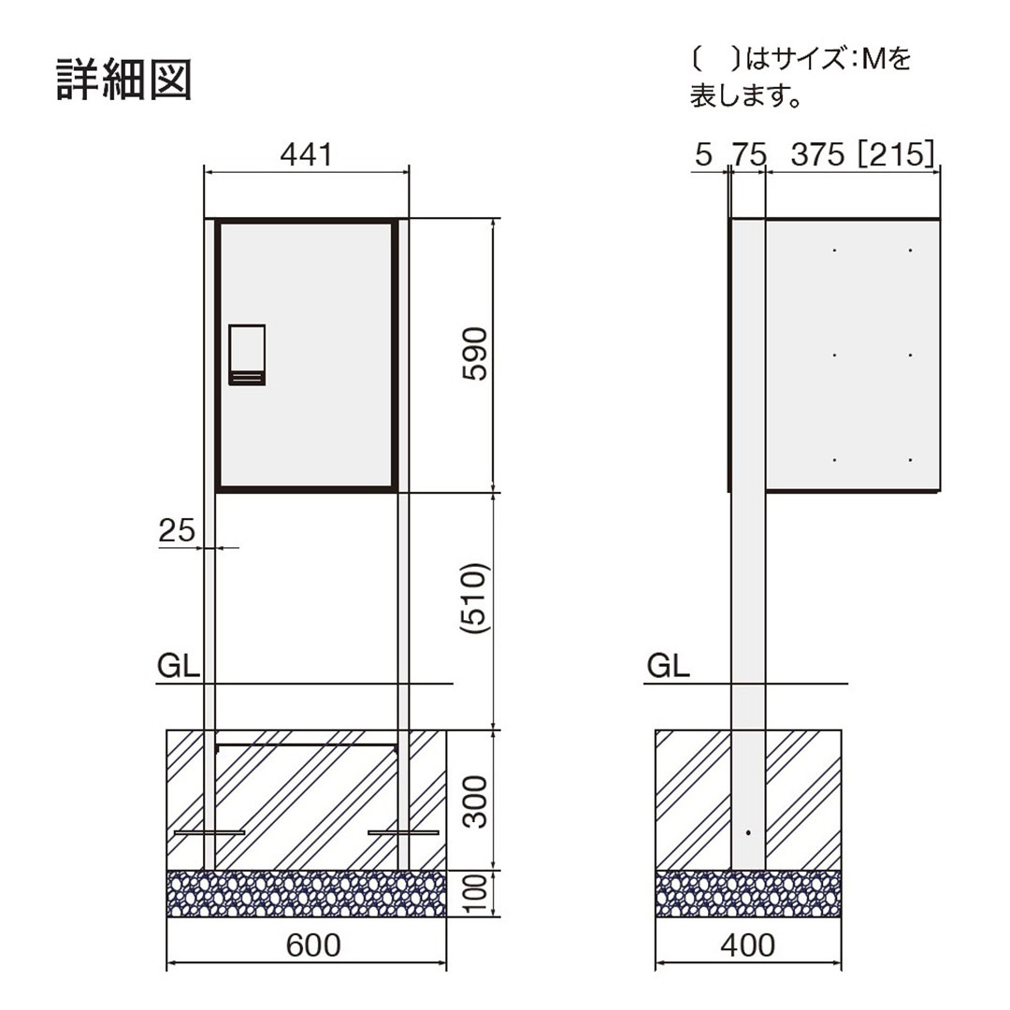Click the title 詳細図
[125, 80]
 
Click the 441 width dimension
[306, 154]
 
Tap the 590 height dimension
[476, 353]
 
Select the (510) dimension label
[476, 601]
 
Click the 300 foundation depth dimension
[476, 801]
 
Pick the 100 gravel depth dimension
[476, 894]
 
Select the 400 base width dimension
[748, 945]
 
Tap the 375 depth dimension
[817, 155]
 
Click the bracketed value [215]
[895, 155]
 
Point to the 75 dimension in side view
[748, 155]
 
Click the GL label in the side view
[668, 666]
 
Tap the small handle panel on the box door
[247, 354]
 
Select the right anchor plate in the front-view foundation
[403, 831]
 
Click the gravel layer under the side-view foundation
[748, 894]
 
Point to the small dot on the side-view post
[747, 831]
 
